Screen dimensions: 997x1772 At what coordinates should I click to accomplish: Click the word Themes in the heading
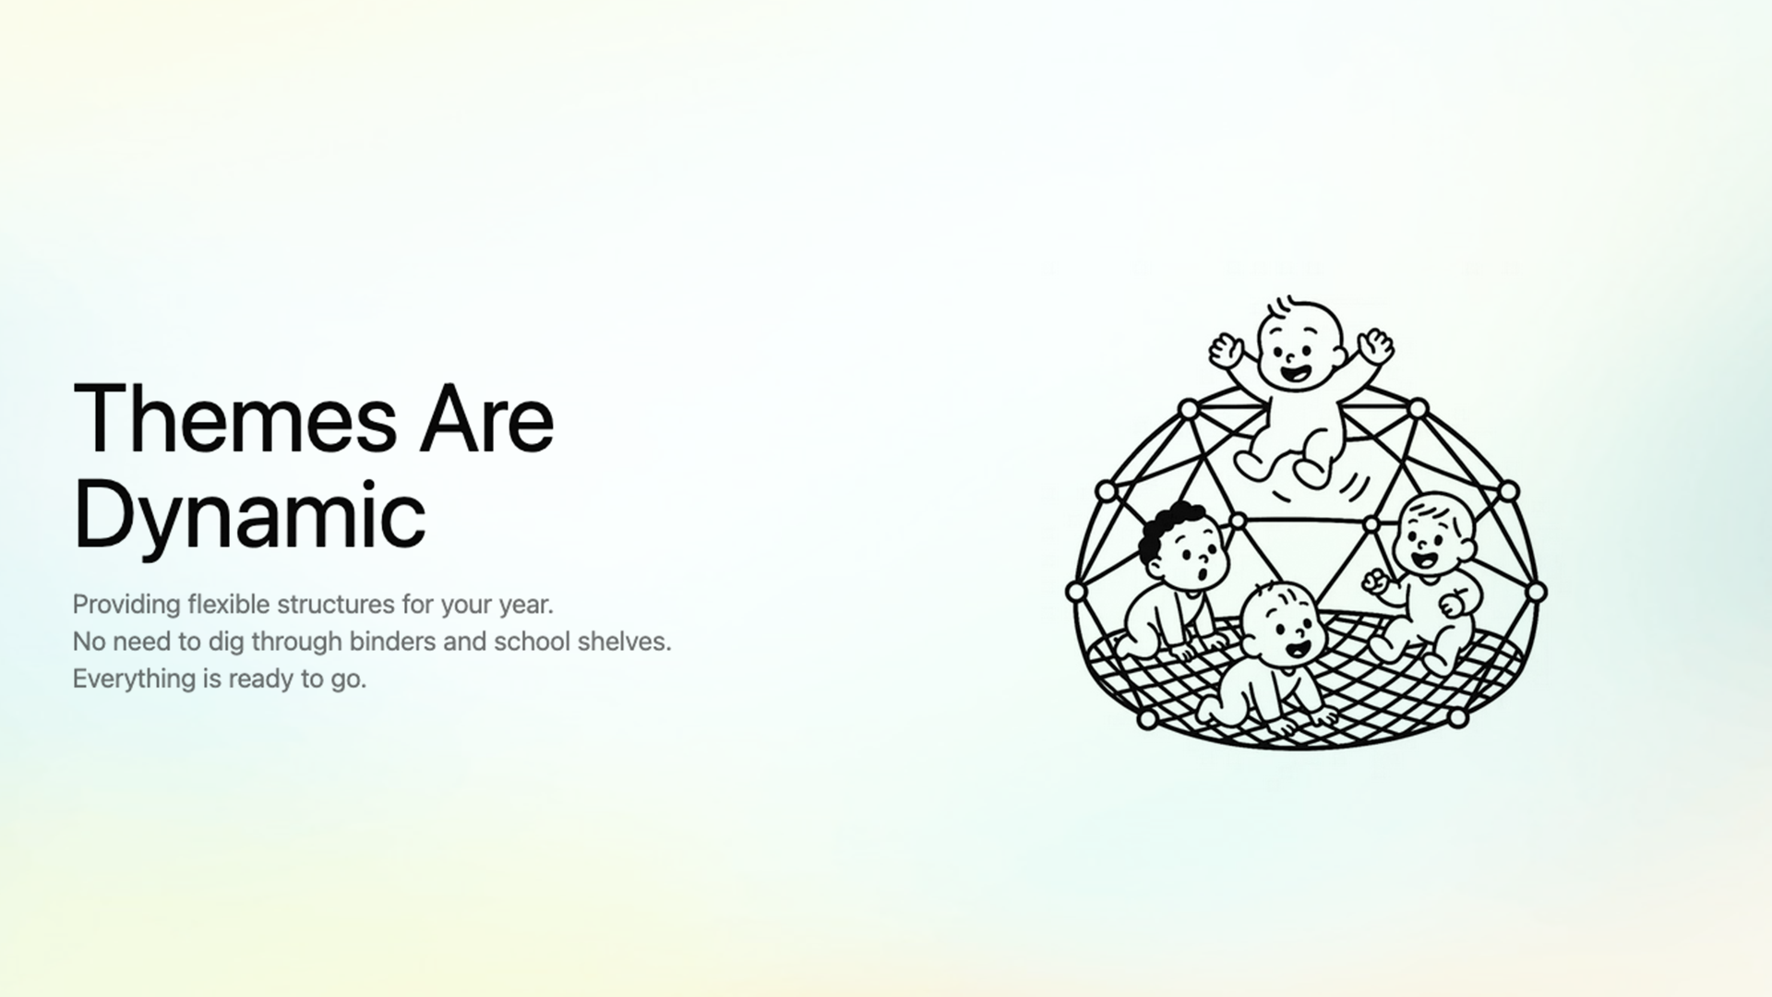click(234, 420)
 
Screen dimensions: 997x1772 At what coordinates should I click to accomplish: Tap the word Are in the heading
click(487, 420)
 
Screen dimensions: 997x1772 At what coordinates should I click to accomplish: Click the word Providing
click(126, 605)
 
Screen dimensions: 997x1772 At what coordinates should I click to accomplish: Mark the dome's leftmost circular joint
click(1075, 591)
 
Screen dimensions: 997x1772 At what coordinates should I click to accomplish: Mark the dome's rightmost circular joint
click(1536, 591)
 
